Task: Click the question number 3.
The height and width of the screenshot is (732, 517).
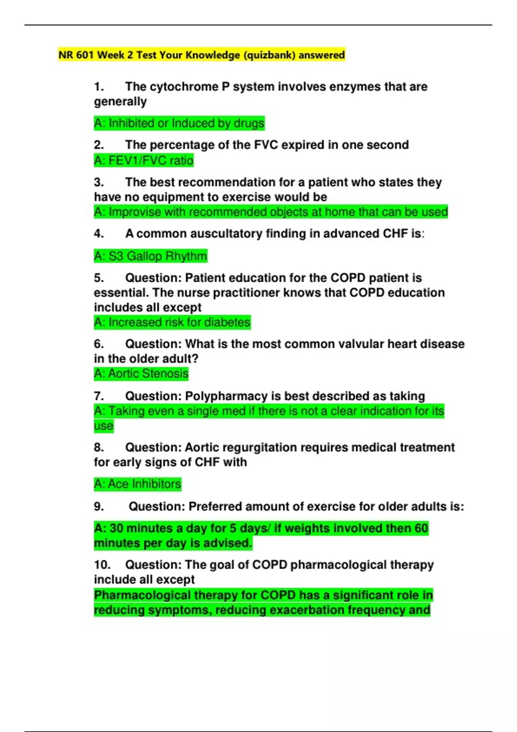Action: pyautogui.click(x=99, y=182)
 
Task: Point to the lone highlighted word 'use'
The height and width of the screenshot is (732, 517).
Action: pyautogui.click(x=103, y=426)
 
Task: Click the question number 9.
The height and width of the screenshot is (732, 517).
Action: pyautogui.click(x=99, y=506)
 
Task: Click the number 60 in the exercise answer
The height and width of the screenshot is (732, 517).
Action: pyautogui.click(x=421, y=528)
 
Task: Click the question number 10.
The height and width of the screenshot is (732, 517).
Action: pyautogui.click(x=102, y=565)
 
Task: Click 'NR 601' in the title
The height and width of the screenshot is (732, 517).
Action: pyautogui.click(x=76, y=55)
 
